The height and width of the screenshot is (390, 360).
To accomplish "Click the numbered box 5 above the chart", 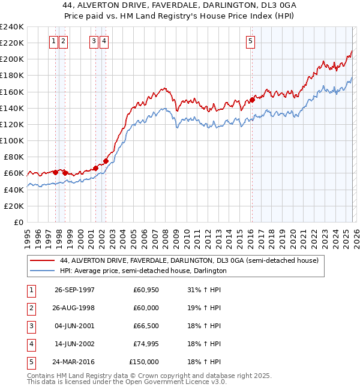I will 250,41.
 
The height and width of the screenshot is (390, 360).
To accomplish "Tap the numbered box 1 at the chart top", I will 54,41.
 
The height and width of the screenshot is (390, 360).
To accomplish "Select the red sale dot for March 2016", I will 252,100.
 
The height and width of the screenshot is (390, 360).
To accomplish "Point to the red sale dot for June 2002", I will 106,161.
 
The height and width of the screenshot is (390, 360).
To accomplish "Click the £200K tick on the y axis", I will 11,59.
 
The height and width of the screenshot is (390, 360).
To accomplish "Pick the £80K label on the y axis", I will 13,157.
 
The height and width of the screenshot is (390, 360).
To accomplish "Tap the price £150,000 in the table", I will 144,362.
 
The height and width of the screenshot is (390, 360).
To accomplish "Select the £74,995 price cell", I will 145,344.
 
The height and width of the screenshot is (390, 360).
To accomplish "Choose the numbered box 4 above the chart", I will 104,41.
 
